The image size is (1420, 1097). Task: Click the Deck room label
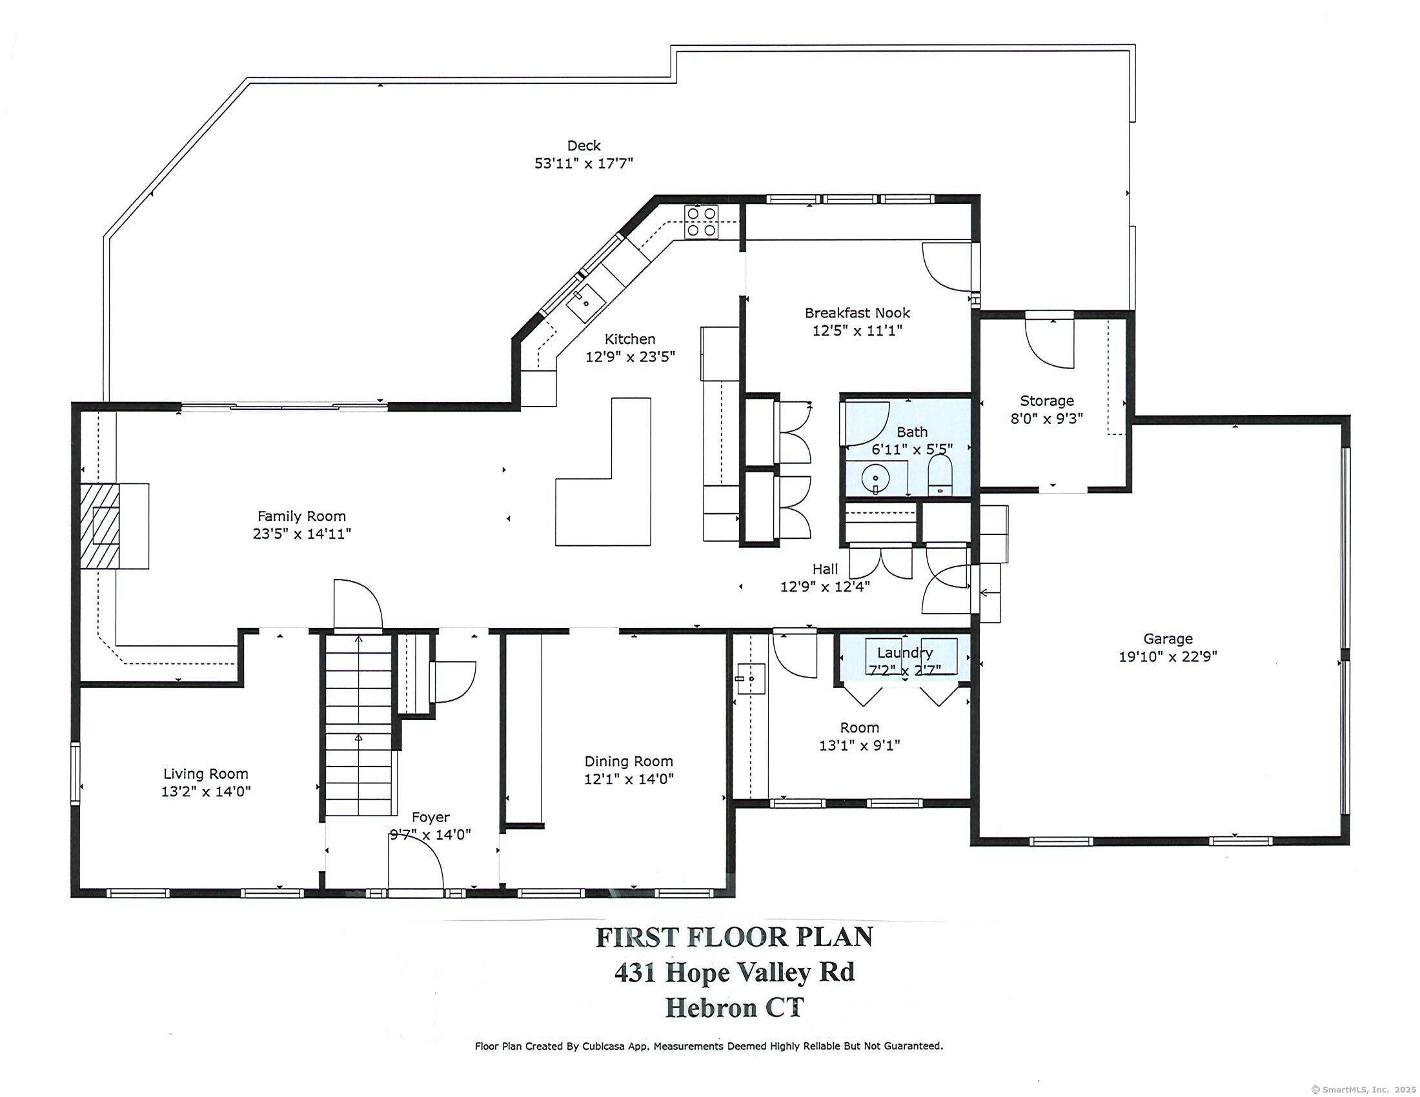pyautogui.click(x=584, y=146)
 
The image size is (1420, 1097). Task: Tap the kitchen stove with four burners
pyautogui.click(x=702, y=221)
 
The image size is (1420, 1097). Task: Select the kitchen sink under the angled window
pyautogui.click(x=587, y=303)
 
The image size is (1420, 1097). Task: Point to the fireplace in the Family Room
pyautogui.click(x=114, y=527)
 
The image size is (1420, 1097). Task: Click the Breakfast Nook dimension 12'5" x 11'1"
pyautogui.click(x=858, y=331)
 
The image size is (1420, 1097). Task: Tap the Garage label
pyautogui.click(x=1168, y=639)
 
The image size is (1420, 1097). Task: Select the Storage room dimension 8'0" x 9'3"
pyautogui.click(x=1047, y=419)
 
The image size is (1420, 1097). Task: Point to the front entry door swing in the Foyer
pyautogui.click(x=416, y=860)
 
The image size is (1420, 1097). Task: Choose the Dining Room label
pyautogui.click(x=629, y=761)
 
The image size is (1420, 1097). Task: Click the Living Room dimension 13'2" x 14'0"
pyautogui.click(x=206, y=792)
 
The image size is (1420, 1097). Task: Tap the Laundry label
pyautogui.click(x=905, y=652)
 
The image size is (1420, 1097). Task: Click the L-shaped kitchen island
pyautogui.click(x=603, y=472)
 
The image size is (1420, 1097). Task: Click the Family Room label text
pyautogui.click(x=301, y=516)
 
